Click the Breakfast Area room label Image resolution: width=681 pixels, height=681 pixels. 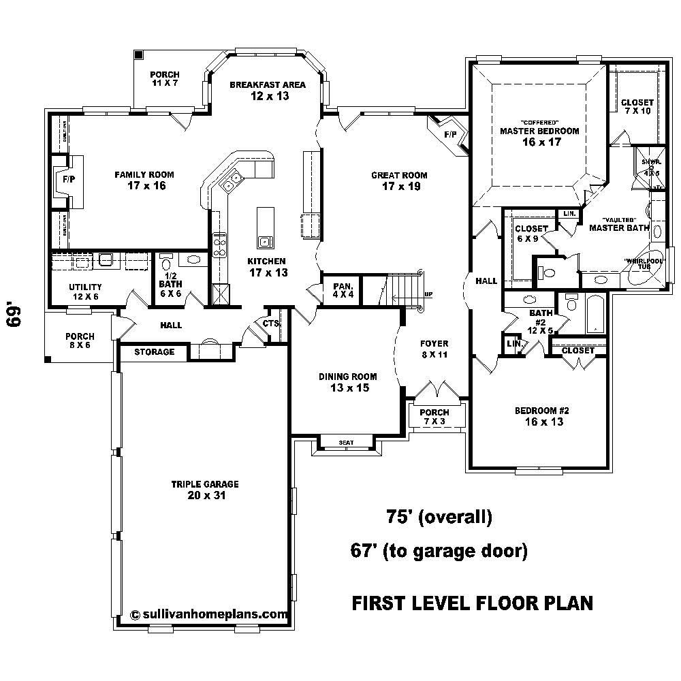(x=267, y=90)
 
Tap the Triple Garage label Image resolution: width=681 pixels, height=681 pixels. (x=195, y=490)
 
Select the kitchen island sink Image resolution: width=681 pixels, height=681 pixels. (x=264, y=240)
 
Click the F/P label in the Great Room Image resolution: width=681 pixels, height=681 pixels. (x=450, y=135)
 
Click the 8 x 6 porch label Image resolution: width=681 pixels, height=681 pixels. (x=80, y=340)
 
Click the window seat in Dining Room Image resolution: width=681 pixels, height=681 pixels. (x=346, y=443)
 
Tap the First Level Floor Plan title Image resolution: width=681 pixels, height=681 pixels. (x=471, y=603)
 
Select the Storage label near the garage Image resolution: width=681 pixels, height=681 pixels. (x=154, y=352)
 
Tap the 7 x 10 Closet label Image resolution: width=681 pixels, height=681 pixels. (x=637, y=107)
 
